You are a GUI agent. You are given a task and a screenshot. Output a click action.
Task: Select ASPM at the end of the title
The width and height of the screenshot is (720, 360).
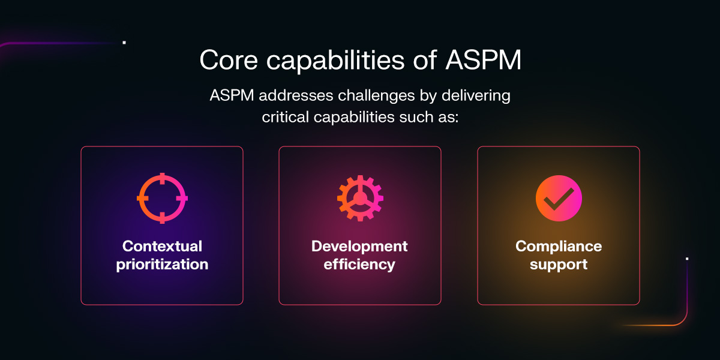(x=484, y=60)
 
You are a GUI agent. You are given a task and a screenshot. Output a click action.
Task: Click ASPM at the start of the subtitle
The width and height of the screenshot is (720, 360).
(x=231, y=96)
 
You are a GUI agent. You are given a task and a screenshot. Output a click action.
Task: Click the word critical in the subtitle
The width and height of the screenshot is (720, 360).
(x=286, y=116)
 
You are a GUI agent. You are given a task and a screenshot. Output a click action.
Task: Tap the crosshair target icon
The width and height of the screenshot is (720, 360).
(x=162, y=198)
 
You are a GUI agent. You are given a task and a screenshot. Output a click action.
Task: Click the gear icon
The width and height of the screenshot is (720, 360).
(x=360, y=198)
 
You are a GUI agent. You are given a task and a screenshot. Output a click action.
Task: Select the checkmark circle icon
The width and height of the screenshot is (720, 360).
(x=559, y=198)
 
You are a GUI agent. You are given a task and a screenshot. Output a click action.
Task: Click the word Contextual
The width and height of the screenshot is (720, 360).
(x=162, y=246)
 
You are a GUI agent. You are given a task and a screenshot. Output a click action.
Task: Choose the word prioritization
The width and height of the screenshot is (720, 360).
(x=162, y=264)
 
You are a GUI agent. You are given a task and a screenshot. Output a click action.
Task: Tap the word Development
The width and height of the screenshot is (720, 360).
(x=359, y=246)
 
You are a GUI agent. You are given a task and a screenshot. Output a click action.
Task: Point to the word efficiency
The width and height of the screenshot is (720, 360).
(x=359, y=264)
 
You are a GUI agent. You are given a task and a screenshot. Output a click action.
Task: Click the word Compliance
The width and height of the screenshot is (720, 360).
(x=559, y=246)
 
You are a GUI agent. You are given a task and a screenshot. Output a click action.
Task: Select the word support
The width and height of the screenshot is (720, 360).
(x=559, y=264)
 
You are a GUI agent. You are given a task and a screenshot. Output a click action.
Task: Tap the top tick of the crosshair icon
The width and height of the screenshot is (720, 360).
(x=162, y=177)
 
